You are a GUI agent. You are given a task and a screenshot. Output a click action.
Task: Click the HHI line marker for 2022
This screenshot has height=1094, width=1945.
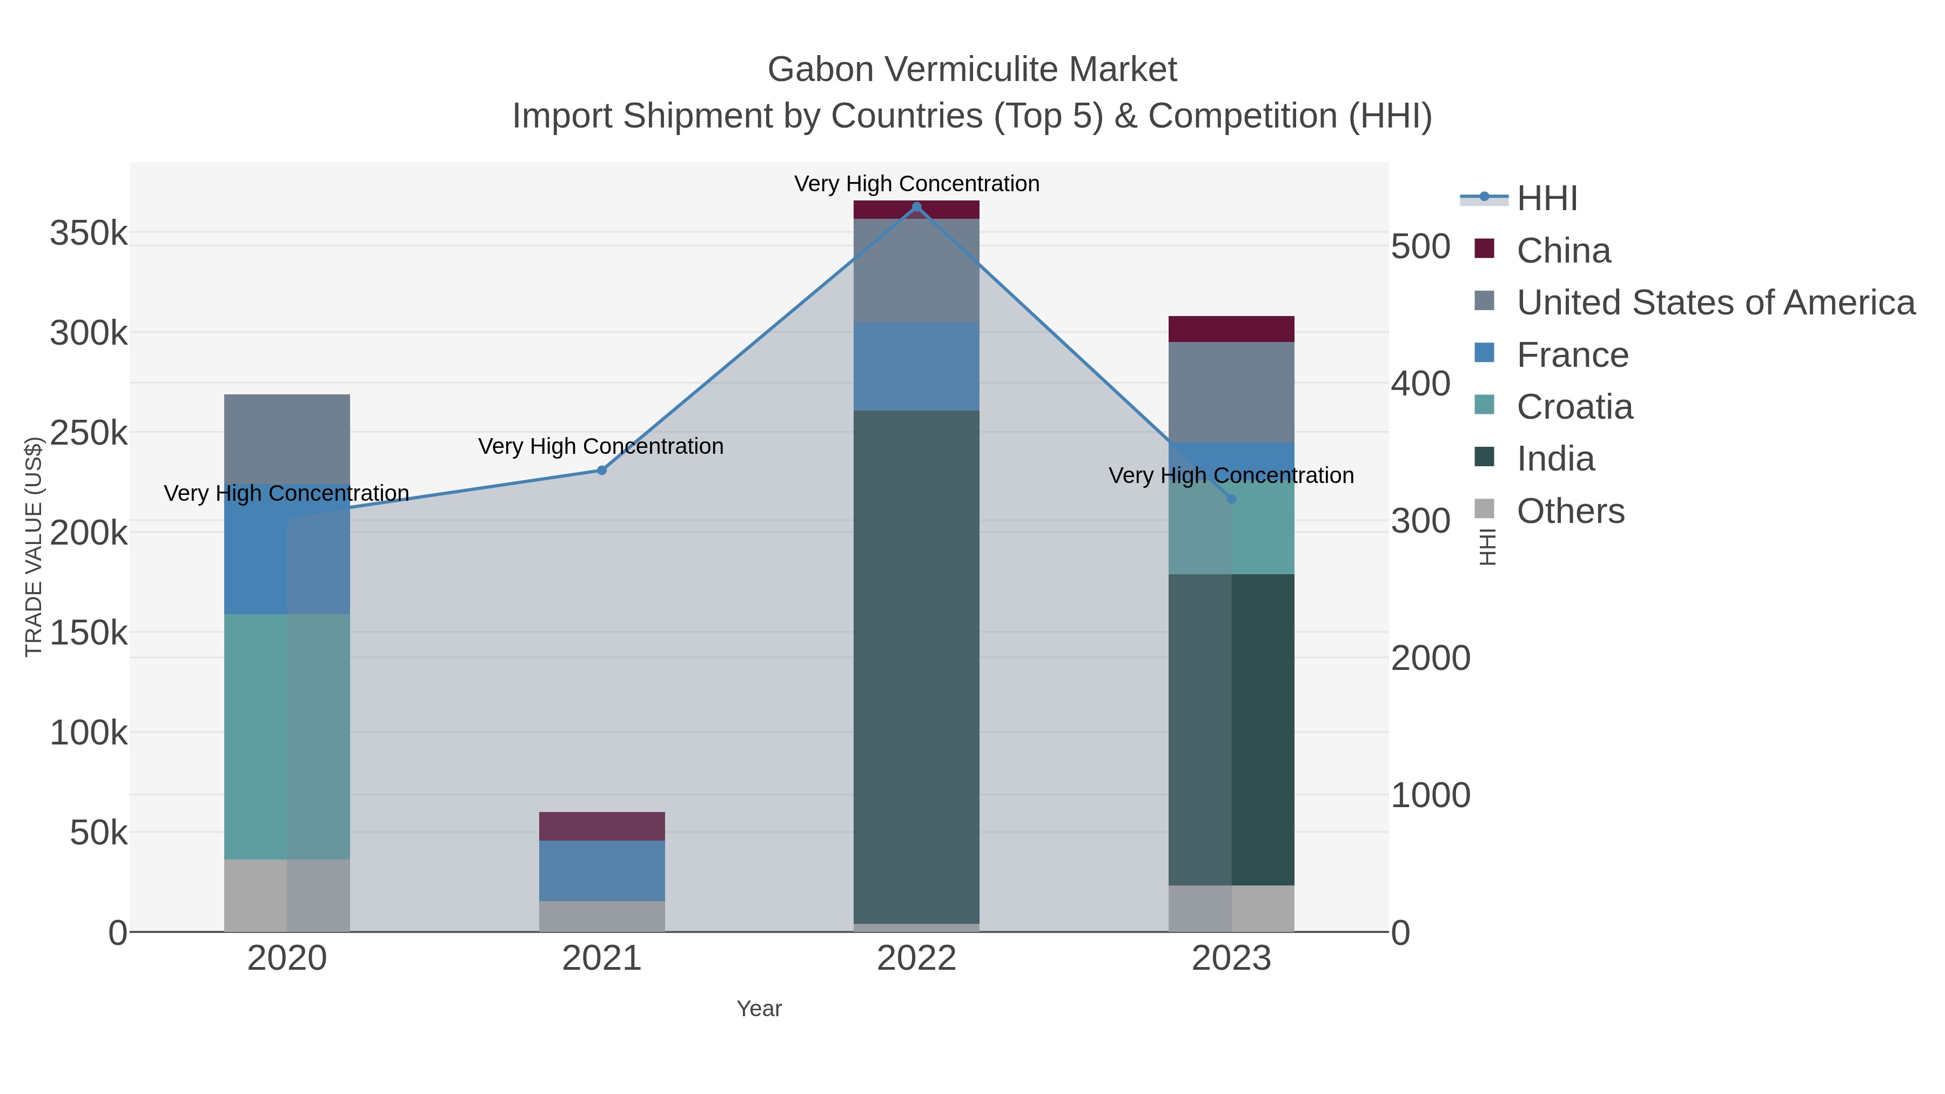point(917,207)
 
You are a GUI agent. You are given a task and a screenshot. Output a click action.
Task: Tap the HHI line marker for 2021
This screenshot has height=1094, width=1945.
point(602,471)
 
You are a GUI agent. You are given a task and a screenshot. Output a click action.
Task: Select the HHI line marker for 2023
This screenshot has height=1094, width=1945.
point(1231,499)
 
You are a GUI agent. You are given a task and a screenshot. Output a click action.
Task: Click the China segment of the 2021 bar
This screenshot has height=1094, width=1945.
point(602,826)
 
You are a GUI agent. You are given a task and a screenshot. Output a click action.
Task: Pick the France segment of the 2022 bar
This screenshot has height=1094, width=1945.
point(917,366)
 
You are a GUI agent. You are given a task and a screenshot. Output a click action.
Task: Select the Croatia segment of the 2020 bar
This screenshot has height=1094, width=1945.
point(287,736)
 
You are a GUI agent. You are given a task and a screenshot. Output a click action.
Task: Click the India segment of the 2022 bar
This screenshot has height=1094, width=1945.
point(917,667)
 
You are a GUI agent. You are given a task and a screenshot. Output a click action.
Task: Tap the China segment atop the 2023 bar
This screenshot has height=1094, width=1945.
point(1231,329)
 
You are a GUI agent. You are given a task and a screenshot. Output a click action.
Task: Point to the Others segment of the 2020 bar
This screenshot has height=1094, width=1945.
point(287,895)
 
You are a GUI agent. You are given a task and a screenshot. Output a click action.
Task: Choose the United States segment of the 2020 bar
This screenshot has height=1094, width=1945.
point(287,439)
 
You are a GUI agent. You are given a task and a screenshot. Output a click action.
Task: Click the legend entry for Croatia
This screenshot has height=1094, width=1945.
point(1574,407)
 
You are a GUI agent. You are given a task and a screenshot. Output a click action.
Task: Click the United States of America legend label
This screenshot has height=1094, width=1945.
point(1715,303)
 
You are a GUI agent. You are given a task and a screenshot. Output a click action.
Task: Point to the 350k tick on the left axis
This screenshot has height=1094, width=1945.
point(89,233)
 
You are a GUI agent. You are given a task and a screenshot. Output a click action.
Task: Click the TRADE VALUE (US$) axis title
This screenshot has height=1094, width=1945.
point(33,547)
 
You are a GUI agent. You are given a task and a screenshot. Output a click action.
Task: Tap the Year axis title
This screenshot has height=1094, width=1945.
point(759,1009)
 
